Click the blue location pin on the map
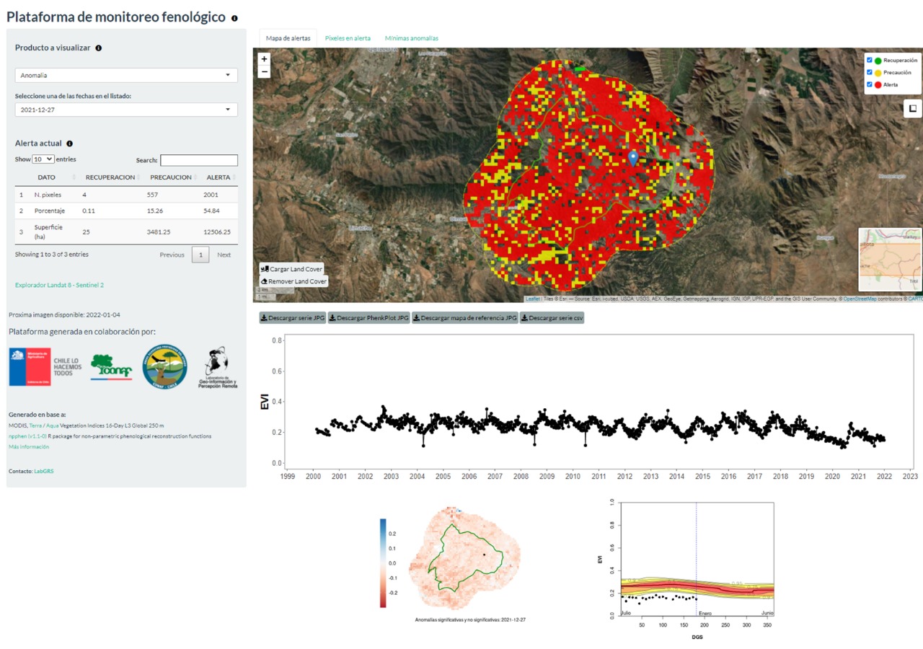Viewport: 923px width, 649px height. point(633,158)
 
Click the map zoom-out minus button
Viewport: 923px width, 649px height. point(264,71)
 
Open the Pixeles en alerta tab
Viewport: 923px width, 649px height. point(348,38)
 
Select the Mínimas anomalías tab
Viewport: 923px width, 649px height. point(411,38)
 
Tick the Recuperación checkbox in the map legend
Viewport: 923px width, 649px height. point(870,60)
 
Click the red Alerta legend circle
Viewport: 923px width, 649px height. point(878,85)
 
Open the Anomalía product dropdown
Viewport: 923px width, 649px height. point(126,75)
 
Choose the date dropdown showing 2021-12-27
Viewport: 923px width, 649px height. point(126,110)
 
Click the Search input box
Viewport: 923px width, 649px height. point(199,160)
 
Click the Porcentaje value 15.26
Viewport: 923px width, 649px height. point(157,211)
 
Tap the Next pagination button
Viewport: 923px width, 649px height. point(224,255)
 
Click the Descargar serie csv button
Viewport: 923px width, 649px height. point(552,318)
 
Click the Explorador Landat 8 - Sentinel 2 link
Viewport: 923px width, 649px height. point(59,285)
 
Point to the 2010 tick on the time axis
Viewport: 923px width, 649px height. point(573,477)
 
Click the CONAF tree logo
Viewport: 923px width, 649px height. point(111,366)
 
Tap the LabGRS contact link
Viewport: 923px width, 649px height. point(44,471)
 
